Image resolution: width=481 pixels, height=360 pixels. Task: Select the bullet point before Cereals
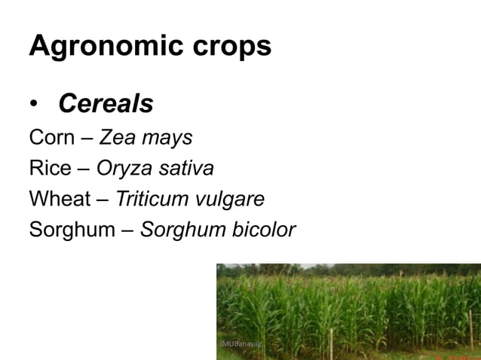(35, 105)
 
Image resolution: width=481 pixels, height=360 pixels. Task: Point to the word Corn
(51, 139)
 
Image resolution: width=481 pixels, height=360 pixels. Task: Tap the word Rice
(49, 169)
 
